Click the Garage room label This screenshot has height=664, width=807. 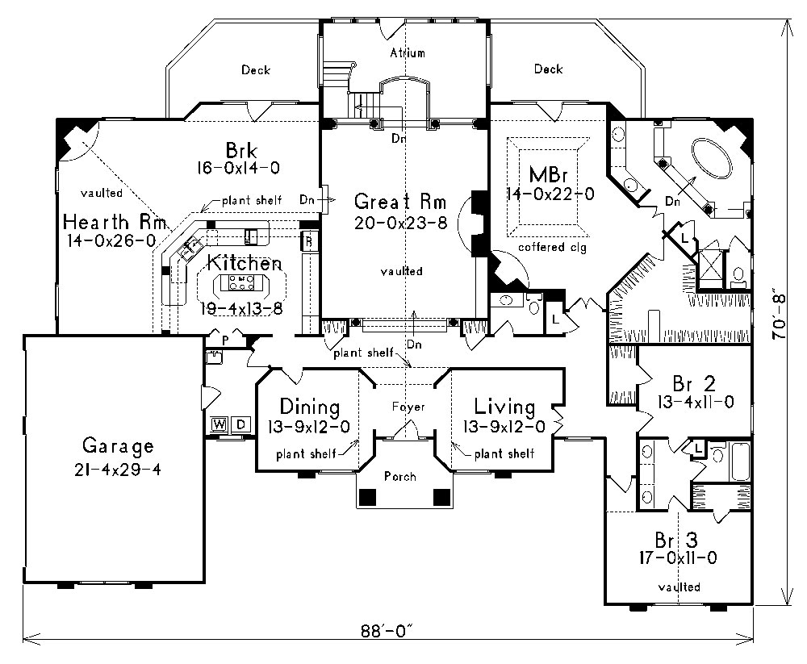coord(117,446)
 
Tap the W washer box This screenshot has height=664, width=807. coord(219,424)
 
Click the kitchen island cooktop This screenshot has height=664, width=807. coord(242,282)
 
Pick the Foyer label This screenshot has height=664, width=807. coord(408,407)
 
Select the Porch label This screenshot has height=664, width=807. coord(400,477)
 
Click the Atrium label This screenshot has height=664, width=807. coord(407,53)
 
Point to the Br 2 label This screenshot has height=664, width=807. coord(691,382)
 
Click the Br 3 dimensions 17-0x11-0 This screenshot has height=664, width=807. coord(678,556)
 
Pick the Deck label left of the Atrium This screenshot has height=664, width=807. coord(256,70)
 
